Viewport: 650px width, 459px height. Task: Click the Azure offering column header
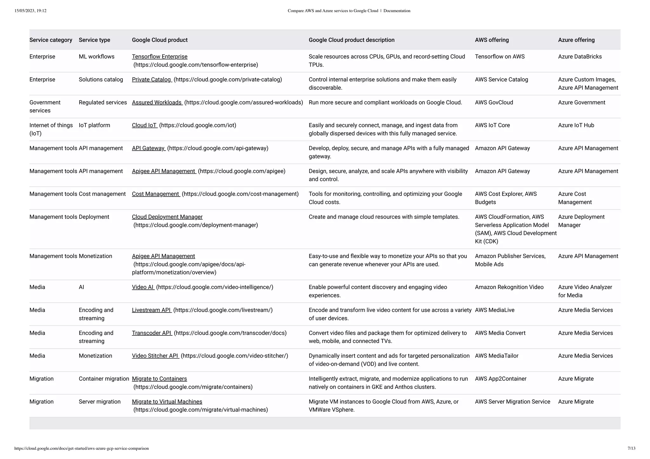(x=576, y=40)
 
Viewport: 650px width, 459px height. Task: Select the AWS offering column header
(x=492, y=40)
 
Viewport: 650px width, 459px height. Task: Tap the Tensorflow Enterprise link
(x=160, y=57)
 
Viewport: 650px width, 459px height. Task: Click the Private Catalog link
(x=151, y=80)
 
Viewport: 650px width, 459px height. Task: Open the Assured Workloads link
(x=157, y=102)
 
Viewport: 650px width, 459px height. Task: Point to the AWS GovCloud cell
(x=494, y=102)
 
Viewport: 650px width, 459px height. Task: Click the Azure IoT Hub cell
(x=576, y=125)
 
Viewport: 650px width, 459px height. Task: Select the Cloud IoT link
(x=144, y=125)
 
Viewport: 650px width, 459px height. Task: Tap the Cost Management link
(x=156, y=194)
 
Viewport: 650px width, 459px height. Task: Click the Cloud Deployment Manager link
(x=167, y=217)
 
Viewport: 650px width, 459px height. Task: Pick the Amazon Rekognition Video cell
(x=509, y=287)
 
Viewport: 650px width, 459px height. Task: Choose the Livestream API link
(x=151, y=310)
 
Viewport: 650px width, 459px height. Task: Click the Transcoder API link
(x=152, y=333)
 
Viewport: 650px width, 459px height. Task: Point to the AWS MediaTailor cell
(x=496, y=356)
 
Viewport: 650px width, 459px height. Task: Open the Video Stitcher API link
(x=155, y=356)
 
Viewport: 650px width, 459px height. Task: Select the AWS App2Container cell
(x=501, y=379)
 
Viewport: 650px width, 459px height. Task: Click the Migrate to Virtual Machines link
(x=167, y=402)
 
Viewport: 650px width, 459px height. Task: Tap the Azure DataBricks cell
(x=580, y=57)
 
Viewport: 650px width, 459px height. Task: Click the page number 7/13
(x=631, y=448)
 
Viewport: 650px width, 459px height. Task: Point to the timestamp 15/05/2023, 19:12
(x=30, y=11)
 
